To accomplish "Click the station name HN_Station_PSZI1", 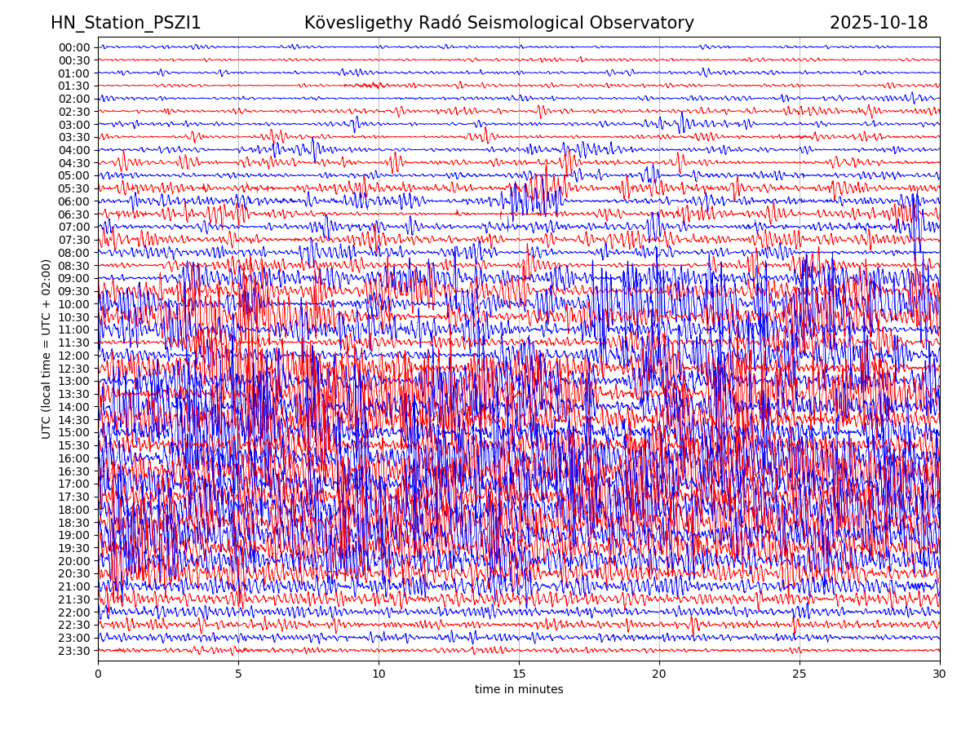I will pos(126,24).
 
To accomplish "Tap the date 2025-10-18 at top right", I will pos(879,24).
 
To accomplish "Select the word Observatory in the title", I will pos(650,24).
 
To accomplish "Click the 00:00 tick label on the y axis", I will pos(74,47).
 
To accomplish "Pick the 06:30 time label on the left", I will pos(74,214).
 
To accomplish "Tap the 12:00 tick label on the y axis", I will pos(74,356).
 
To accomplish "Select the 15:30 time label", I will pos(74,445).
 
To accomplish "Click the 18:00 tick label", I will pos(74,510).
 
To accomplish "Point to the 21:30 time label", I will pos(74,599).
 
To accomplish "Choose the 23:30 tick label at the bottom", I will pos(74,651).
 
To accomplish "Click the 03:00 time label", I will pos(74,125).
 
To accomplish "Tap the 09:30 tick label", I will pos(74,291).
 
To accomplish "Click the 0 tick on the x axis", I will pos(98,674).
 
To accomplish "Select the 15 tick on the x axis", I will pos(519,674).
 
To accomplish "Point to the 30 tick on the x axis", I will pos(940,674).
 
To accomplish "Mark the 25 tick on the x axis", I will pos(800,674).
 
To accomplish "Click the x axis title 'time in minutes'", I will pos(519,690).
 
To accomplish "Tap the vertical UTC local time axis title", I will pos(47,349).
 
